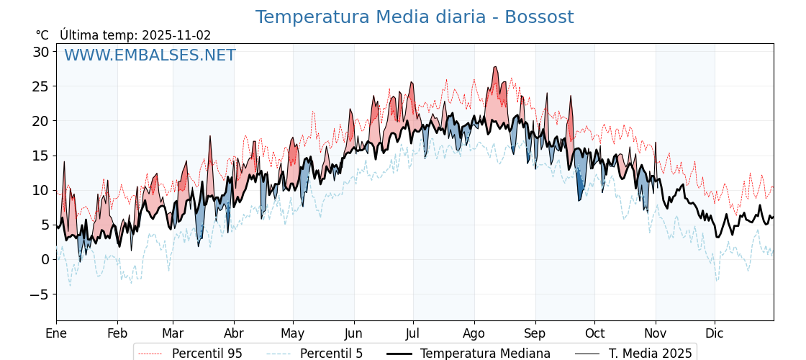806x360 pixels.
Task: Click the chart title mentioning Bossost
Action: pyautogui.click(x=415, y=17)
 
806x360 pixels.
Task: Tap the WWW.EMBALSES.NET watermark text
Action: pyautogui.click(x=150, y=55)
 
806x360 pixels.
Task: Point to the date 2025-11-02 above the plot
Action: pyautogui.click(x=176, y=35)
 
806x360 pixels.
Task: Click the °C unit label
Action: pyautogui.click(x=42, y=35)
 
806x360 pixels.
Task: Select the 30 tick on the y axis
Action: pyautogui.click(x=40, y=52)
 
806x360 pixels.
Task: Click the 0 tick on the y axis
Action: pyautogui.click(x=45, y=259)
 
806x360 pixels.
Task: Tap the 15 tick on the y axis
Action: pyautogui.click(x=40, y=156)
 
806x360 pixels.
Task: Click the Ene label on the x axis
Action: pyautogui.click(x=56, y=333)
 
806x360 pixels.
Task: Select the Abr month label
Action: pyautogui.click(x=234, y=333)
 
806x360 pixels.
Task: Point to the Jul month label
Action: pyautogui.click(x=413, y=333)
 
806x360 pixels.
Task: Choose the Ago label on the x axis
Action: pyautogui.click(x=474, y=333)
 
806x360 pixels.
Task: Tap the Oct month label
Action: pyautogui.click(x=594, y=333)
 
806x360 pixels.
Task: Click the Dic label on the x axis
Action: pyautogui.click(x=715, y=333)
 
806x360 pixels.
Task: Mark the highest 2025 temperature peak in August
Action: pyautogui.click(x=495, y=67)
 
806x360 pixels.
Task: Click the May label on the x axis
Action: pyautogui.click(x=293, y=333)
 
